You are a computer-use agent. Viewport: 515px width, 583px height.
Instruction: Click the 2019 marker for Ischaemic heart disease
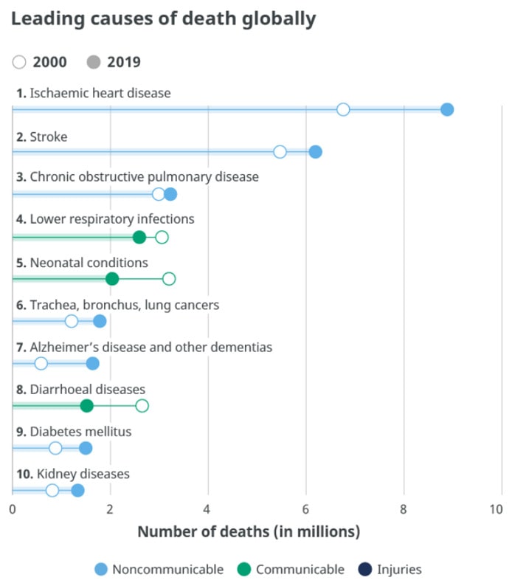446,110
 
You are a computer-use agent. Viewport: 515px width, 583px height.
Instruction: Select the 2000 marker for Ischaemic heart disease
343,110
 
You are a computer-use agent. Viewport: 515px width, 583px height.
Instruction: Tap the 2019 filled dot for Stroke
315,152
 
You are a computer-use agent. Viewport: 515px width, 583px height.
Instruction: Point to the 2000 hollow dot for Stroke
280,152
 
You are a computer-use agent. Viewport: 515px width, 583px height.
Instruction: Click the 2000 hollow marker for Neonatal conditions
169,279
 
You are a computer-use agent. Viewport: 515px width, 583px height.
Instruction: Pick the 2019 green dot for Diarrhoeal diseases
86,406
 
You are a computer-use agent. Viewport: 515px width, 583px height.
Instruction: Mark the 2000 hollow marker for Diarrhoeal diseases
142,406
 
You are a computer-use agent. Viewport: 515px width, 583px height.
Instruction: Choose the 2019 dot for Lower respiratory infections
139,237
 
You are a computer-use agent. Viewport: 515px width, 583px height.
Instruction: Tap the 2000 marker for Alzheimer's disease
41,363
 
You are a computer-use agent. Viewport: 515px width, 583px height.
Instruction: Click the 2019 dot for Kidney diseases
77,491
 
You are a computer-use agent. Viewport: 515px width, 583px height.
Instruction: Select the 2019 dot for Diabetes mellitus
86,449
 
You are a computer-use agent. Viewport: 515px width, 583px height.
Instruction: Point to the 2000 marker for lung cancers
71,321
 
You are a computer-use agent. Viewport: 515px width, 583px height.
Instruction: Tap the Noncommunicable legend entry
159,569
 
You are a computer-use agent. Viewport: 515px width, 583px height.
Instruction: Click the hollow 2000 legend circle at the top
19,62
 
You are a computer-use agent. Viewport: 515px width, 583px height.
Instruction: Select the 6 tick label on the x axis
305,509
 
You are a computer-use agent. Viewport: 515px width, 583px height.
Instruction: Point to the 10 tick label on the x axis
496,509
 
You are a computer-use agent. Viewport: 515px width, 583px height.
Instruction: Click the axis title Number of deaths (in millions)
249,531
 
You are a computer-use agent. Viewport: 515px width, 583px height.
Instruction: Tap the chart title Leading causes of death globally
163,19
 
